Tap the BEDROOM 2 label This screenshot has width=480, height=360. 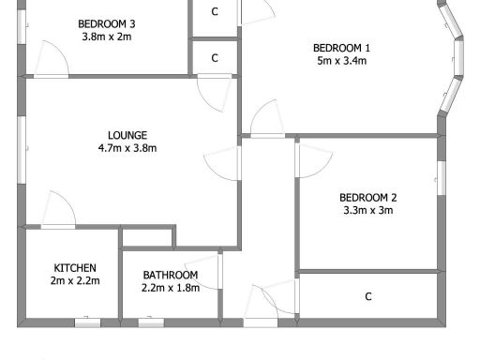[x=367, y=197]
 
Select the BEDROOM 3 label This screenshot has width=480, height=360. [x=106, y=23]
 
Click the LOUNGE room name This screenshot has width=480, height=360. [x=127, y=135]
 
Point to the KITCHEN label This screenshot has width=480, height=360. [x=74, y=267]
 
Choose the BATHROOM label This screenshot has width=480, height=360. [x=170, y=275]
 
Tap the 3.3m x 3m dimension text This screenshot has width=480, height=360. [x=367, y=210]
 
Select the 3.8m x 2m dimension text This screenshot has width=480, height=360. [x=106, y=37]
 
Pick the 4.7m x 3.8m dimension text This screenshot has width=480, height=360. [x=127, y=148]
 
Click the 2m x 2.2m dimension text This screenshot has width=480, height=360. [x=74, y=280]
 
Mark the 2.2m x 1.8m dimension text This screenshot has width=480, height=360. [x=170, y=288]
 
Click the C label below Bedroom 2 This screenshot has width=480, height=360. [x=368, y=297]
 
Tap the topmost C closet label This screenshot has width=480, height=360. [x=215, y=11]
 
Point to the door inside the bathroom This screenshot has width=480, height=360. [x=204, y=270]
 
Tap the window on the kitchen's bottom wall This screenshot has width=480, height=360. [x=87, y=322]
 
